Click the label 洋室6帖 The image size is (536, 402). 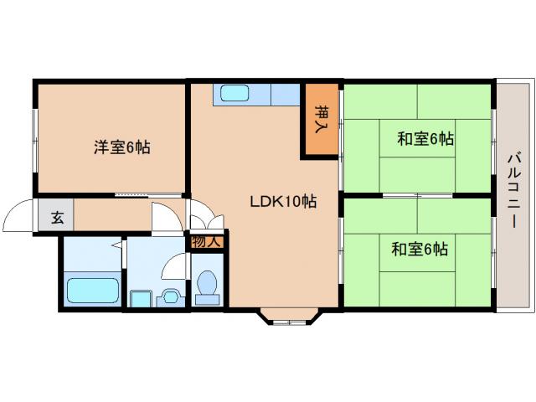[x=121, y=147]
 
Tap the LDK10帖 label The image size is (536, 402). [x=283, y=201]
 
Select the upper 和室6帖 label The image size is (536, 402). [x=425, y=139]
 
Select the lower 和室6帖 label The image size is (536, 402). [x=418, y=249]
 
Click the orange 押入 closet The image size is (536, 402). [x=320, y=119]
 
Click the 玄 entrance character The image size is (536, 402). [x=57, y=219]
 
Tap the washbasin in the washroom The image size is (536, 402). [x=172, y=296]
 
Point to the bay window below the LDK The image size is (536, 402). [x=286, y=317]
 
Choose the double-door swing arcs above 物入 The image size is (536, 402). [x=207, y=221]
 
